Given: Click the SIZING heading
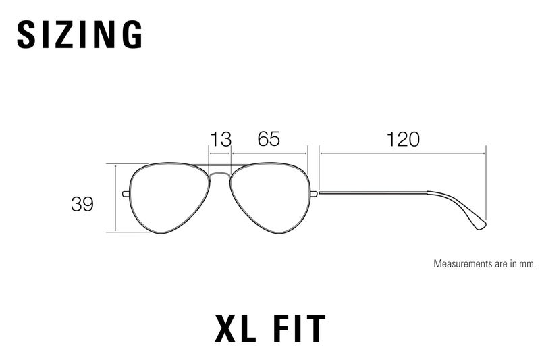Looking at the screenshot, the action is pyautogui.click(x=80, y=34).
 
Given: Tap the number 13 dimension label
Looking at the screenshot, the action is pyautogui.click(x=221, y=139).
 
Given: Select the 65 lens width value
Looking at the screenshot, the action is pyautogui.click(x=269, y=139).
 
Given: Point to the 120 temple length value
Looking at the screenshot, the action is pyautogui.click(x=403, y=139).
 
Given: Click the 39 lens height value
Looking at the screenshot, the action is pyautogui.click(x=82, y=204).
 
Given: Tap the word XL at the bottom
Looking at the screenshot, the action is pyautogui.click(x=235, y=328).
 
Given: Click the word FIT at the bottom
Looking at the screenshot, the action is pyautogui.click(x=299, y=328).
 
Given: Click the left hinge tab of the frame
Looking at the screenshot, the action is pyautogui.click(x=126, y=194).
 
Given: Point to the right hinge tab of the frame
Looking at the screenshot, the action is pyautogui.click(x=314, y=194).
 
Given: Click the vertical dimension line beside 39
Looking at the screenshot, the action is pyautogui.click(x=115, y=198).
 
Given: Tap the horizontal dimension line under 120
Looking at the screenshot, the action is pyautogui.click(x=402, y=153).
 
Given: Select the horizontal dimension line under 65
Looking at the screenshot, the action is pyautogui.click(x=269, y=153).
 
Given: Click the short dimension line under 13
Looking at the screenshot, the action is pyautogui.click(x=220, y=153).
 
